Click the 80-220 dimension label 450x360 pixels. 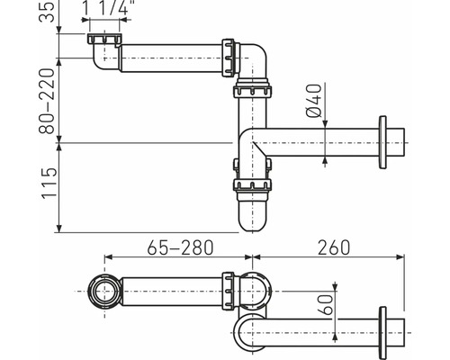(x=47, y=101)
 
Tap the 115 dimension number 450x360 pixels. (x=49, y=183)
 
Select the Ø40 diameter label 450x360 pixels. (x=314, y=101)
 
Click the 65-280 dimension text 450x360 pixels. (x=180, y=247)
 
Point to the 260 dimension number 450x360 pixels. (x=334, y=247)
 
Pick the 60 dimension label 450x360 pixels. (x=328, y=304)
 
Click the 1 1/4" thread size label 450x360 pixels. (x=105, y=7)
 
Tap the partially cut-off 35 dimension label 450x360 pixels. (x=47, y=11)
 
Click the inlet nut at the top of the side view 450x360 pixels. (x=104, y=39)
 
